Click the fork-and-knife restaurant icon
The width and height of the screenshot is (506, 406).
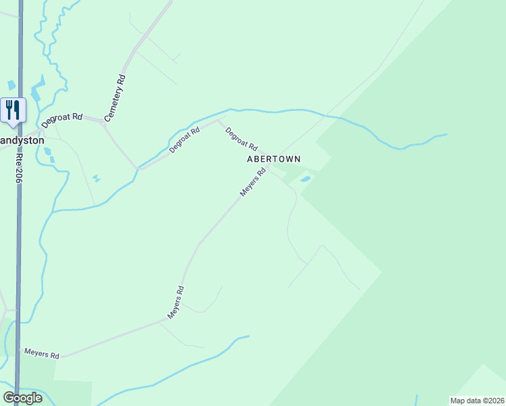[13, 110]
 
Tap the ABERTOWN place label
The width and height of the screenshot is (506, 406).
[273, 159]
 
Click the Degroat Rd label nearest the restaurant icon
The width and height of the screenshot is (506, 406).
[62, 120]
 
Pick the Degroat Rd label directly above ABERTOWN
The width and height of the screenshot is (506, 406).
[241, 139]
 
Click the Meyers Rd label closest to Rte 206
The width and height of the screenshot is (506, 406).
[42, 354]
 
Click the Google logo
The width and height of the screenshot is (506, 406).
[23, 398]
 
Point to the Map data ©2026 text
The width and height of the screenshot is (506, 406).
[476, 401]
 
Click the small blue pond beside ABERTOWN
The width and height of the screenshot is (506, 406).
[306, 179]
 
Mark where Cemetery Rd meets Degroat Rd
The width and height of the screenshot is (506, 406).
[104, 122]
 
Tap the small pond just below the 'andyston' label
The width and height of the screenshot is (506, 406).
[47, 152]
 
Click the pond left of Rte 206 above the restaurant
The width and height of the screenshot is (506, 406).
[11, 85]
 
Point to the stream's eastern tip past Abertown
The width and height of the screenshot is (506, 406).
[446, 135]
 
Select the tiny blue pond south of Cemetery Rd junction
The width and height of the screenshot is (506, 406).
[96, 178]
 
